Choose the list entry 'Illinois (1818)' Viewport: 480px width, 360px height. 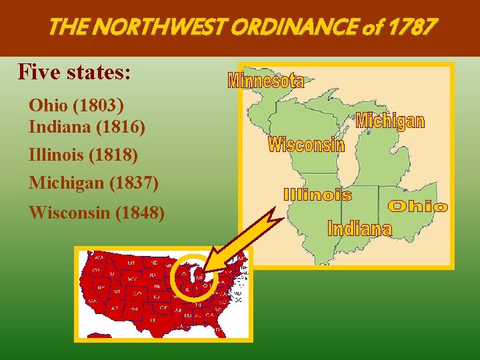(83, 155)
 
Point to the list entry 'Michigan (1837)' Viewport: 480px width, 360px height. (93, 181)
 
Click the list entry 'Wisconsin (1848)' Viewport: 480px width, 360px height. (97, 213)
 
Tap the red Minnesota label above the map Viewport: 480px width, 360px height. (266, 81)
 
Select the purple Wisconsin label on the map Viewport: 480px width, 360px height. (306, 144)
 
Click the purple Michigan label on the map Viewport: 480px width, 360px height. (390, 121)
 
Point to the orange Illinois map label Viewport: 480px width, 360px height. (317, 195)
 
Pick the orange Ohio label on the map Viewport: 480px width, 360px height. (417, 207)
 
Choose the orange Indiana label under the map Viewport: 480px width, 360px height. (359, 229)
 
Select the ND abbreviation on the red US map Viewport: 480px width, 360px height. (154, 262)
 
